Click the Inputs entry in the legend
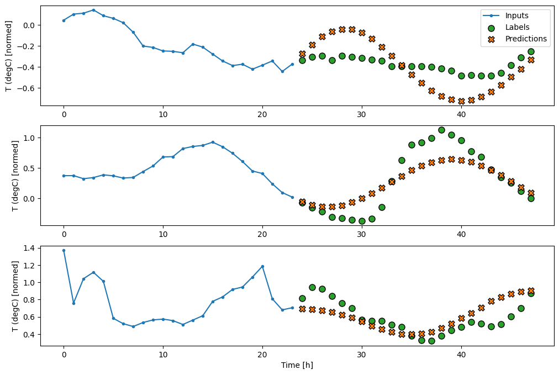point(517,15)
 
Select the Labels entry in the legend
point(517,27)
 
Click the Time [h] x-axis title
point(297,365)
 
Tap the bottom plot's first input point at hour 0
point(64,250)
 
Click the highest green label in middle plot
point(441,130)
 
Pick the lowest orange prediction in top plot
point(461,101)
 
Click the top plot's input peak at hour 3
point(93,10)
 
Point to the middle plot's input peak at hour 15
point(213,142)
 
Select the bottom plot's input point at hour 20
point(262,266)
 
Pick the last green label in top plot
point(531,51)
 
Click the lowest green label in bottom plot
point(431,341)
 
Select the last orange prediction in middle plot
point(531,193)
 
